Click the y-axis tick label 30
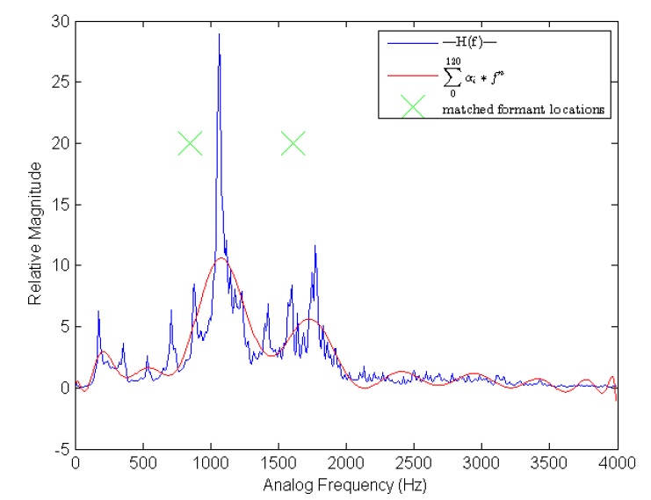61,22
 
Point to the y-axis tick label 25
61,83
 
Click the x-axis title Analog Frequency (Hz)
345,482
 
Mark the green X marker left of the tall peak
190,143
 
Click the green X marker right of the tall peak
293,143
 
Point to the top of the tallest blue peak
219,34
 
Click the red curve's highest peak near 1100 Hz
221,258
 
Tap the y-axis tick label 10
61,265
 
